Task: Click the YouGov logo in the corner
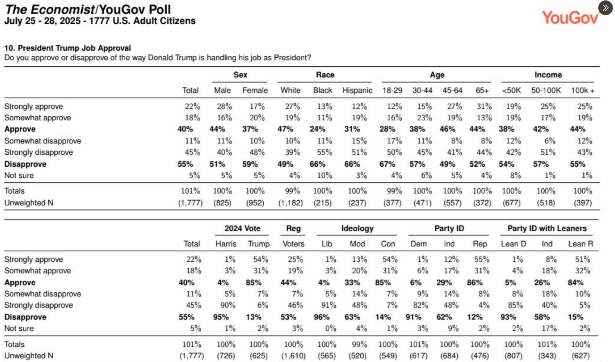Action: [570, 18]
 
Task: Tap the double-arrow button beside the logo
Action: [606, 8]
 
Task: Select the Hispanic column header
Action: [357, 90]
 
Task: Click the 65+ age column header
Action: [482, 90]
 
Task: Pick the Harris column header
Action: [226, 244]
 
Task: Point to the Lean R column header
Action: [581, 244]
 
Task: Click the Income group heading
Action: [548, 75]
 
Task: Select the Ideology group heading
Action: [357, 228]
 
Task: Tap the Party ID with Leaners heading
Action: [547, 228]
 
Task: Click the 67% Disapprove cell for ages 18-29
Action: [387, 164]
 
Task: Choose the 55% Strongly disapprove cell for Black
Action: [325, 152]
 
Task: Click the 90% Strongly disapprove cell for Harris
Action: [228, 305]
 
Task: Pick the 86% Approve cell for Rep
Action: [475, 282]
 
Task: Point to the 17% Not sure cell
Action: [549, 328]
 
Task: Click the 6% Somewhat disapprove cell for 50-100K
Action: [550, 141]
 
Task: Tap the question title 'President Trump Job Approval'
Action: [75, 48]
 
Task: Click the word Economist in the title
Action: [63, 9]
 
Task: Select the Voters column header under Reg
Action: [294, 244]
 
